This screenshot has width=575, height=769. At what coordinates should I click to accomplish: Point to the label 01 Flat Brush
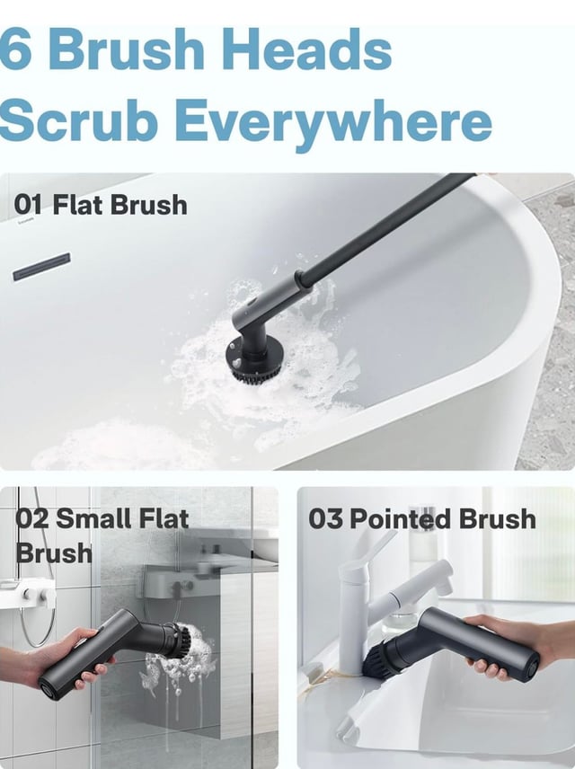click(x=102, y=205)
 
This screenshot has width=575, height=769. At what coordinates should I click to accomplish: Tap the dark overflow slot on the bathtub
click(x=41, y=266)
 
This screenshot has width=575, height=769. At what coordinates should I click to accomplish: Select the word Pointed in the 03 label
click(x=401, y=519)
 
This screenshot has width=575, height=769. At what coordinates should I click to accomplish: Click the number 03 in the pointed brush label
click(x=325, y=519)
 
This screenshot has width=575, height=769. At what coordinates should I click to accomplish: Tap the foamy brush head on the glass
click(x=179, y=641)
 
